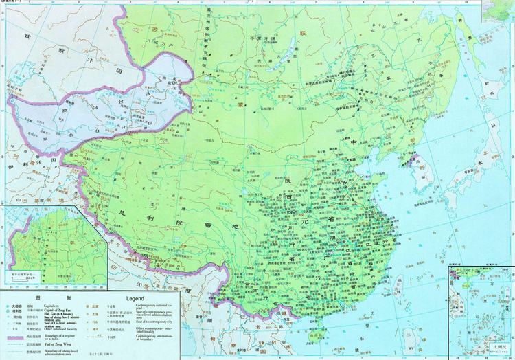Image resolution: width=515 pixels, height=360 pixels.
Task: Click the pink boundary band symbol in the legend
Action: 15,338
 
